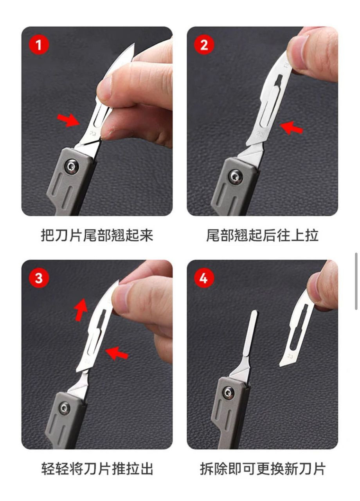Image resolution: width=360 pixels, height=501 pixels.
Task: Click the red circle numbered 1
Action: coord(39,45)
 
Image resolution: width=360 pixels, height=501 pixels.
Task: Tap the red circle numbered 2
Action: coord(204,45)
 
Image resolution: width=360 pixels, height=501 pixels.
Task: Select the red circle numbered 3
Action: coord(39,278)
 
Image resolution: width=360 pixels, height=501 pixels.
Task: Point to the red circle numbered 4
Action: coord(204,278)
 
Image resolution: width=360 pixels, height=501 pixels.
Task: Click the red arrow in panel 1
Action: coord(68,120)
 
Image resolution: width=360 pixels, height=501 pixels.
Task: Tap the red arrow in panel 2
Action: coord(292,128)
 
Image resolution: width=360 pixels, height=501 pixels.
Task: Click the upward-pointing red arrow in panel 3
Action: coord(81,310)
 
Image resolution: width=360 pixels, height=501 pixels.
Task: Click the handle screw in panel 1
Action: coord(72,167)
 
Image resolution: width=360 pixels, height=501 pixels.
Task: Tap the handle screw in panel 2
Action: coord(236,177)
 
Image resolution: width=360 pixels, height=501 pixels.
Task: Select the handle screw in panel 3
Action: coord(65,409)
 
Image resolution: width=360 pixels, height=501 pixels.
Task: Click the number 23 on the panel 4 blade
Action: coord(290,356)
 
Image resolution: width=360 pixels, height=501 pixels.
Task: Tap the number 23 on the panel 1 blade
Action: coord(93,133)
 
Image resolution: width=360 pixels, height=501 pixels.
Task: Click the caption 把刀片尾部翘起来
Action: coord(97,236)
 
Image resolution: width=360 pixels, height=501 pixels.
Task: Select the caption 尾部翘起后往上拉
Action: coord(262,236)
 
